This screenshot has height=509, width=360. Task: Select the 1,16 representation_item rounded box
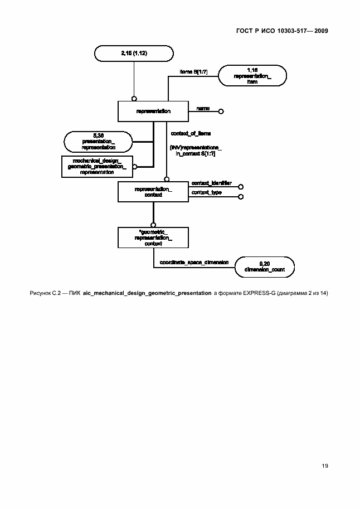coord(252,75)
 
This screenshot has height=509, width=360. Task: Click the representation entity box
coord(153,111)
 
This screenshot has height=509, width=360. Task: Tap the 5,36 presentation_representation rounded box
coord(98,142)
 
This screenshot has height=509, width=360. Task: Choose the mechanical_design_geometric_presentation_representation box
coord(96,166)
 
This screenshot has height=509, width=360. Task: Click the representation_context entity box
coord(153,192)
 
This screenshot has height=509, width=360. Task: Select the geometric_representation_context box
coord(153,237)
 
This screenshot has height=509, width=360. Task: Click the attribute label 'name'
coord(203,108)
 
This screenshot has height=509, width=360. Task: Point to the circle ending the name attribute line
coord(221,112)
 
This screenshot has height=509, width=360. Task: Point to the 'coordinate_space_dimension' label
coord(193,262)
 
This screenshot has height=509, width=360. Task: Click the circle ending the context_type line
coord(241,196)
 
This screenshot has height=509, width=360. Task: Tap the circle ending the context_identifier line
coord(241,186)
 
